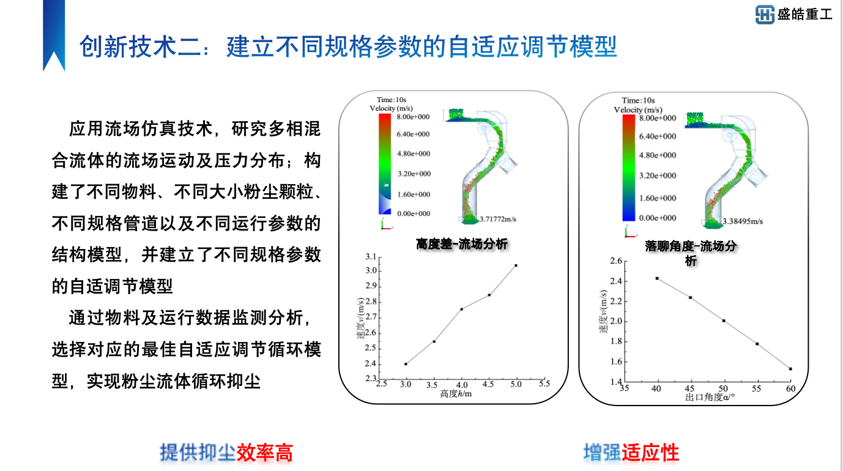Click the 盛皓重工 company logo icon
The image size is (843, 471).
(765, 14)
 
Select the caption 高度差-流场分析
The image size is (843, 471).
(462, 243)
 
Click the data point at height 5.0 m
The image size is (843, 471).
(516, 265)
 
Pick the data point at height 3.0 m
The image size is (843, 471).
(406, 364)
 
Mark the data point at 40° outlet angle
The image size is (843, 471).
(657, 278)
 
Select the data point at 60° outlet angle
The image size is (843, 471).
(790, 369)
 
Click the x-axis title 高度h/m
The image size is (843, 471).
(456, 393)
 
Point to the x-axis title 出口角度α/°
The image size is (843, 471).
(710, 398)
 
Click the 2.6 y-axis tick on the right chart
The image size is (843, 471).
(615, 261)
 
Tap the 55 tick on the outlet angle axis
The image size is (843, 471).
(757, 388)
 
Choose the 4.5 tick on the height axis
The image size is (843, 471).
(488, 384)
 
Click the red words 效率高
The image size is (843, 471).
(265, 453)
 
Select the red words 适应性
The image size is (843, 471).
(650, 453)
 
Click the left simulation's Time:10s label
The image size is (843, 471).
(392, 100)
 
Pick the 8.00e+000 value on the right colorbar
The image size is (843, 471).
(658, 118)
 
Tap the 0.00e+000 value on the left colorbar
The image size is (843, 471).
(413, 213)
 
